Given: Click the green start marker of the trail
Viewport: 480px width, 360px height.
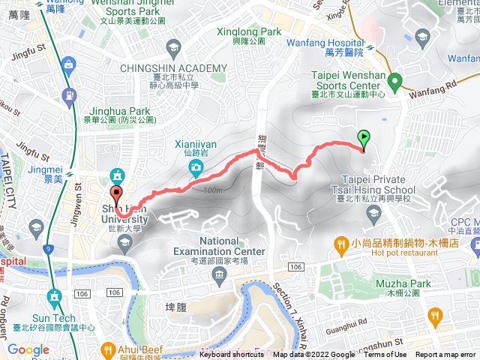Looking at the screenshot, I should click(364, 138).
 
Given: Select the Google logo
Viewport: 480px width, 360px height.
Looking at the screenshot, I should click(28, 349).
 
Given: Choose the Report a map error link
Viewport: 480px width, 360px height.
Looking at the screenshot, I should click(446, 355).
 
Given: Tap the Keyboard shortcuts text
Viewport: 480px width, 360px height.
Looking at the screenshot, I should click(232, 355).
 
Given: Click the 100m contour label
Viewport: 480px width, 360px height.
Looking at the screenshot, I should click(212, 190).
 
